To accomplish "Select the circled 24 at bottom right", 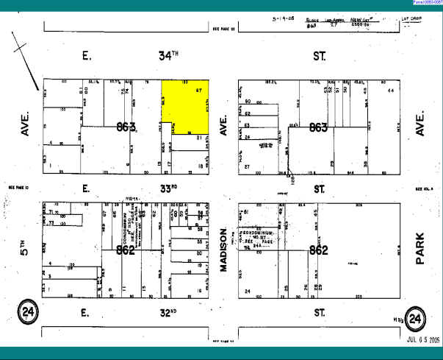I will [x=416, y=319].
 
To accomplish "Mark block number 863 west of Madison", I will [x=126, y=127].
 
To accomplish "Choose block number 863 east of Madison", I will [x=318, y=127].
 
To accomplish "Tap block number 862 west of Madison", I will [x=126, y=250].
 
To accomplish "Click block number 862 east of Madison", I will [x=318, y=250].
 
